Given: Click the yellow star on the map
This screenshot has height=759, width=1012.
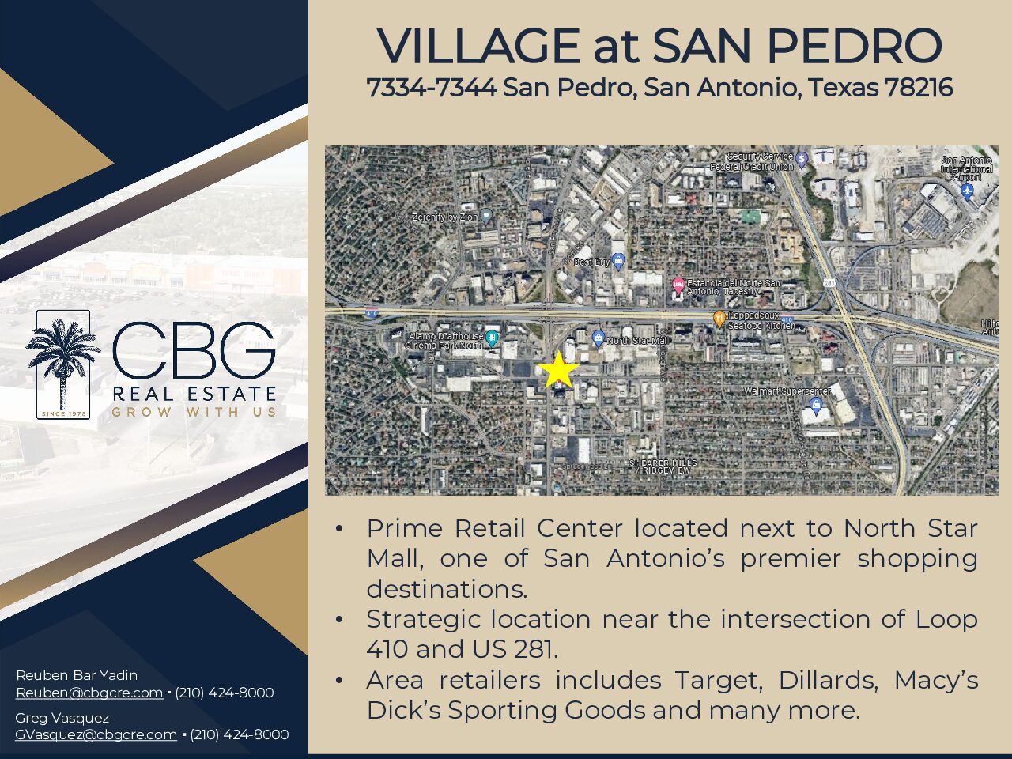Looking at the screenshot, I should [x=558, y=370].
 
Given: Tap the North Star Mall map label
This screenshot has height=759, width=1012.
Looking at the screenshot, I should [x=636, y=341].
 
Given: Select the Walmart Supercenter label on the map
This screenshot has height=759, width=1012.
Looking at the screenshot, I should [x=787, y=391].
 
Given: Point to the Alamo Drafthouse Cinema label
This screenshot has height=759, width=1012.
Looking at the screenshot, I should [x=444, y=341].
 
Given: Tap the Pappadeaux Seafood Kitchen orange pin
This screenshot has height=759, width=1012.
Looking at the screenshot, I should [x=719, y=319].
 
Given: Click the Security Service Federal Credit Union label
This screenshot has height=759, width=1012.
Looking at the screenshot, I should [x=752, y=162].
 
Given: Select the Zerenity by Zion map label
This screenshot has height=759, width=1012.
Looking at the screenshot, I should [x=445, y=217].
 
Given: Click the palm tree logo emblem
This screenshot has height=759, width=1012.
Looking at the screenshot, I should [x=62, y=363].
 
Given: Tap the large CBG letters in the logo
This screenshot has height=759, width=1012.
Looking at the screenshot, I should [x=194, y=350].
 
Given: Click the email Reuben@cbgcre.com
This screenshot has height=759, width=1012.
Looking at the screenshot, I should [x=89, y=693].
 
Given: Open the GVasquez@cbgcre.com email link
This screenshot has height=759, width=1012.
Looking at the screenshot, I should [x=96, y=734].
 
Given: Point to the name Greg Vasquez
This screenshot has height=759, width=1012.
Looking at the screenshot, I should [x=62, y=718].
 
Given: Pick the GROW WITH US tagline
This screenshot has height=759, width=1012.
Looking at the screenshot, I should [x=194, y=412].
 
